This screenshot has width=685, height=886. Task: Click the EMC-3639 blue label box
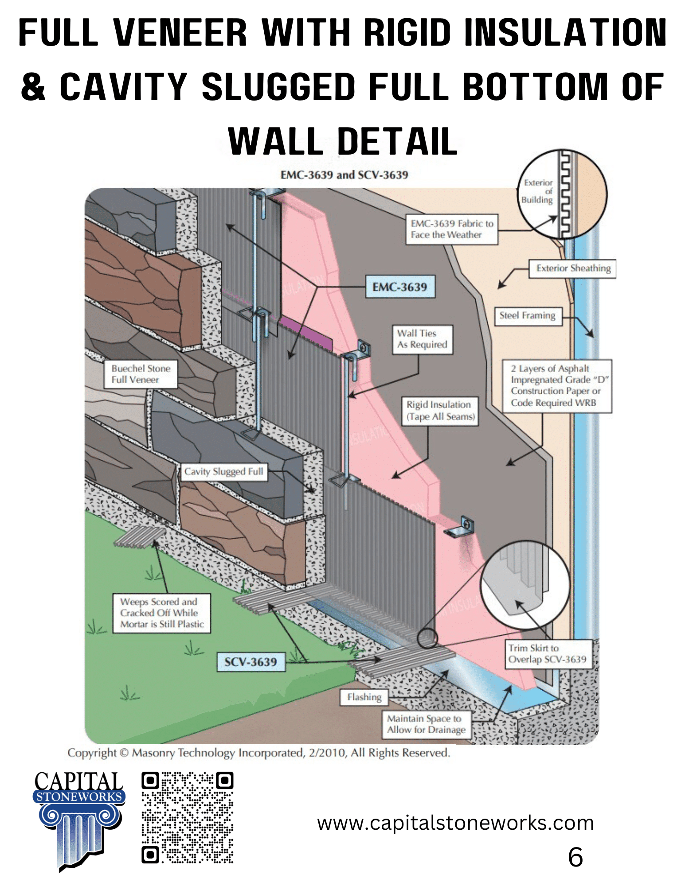400,287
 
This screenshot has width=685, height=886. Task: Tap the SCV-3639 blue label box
251,662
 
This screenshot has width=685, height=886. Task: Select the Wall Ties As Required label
422,339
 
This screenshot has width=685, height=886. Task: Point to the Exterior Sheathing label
573,268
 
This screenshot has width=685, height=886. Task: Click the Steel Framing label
528,316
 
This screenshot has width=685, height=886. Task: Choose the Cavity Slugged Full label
224,471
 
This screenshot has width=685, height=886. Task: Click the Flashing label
364,697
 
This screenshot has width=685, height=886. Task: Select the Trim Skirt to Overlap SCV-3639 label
548,654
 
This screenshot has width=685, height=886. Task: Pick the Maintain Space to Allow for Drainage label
426,724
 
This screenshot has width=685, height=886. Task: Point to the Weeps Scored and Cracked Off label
161,613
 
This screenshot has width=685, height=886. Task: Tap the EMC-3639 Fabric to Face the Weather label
451,229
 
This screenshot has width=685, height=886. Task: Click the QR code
188,818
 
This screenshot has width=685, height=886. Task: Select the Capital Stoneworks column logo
79,820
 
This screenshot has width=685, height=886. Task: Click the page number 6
575,857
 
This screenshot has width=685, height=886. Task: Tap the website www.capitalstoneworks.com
455,823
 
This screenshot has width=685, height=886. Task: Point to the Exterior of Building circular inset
562,194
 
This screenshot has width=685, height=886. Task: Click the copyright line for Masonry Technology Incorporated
258,753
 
